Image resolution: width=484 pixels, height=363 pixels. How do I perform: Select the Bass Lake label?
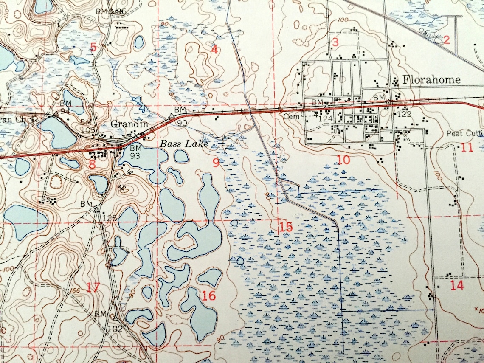[x=183, y=144]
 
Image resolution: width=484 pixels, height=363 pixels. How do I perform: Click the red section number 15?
[x=286, y=227]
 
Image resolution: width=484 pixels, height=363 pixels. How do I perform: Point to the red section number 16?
[x=209, y=295]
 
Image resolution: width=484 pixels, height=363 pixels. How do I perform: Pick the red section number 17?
[x=93, y=287]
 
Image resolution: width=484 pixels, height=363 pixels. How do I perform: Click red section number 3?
[x=335, y=42]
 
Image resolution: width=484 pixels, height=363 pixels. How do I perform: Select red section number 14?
[x=457, y=285]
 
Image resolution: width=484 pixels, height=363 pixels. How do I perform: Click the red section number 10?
[x=343, y=160]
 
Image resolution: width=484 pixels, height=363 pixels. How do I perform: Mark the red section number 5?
[x=93, y=47]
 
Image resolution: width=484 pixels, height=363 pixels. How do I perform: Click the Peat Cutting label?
[x=465, y=134]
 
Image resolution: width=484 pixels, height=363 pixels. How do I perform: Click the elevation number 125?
[x=110, y=218]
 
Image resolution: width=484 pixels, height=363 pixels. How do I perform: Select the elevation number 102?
[x=115, y=329]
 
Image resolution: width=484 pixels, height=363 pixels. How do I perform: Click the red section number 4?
[x=214, y=50]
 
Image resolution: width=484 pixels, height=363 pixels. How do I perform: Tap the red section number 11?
[x=467, y=148]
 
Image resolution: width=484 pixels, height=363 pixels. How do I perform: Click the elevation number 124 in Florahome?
[x=325, y=118]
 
